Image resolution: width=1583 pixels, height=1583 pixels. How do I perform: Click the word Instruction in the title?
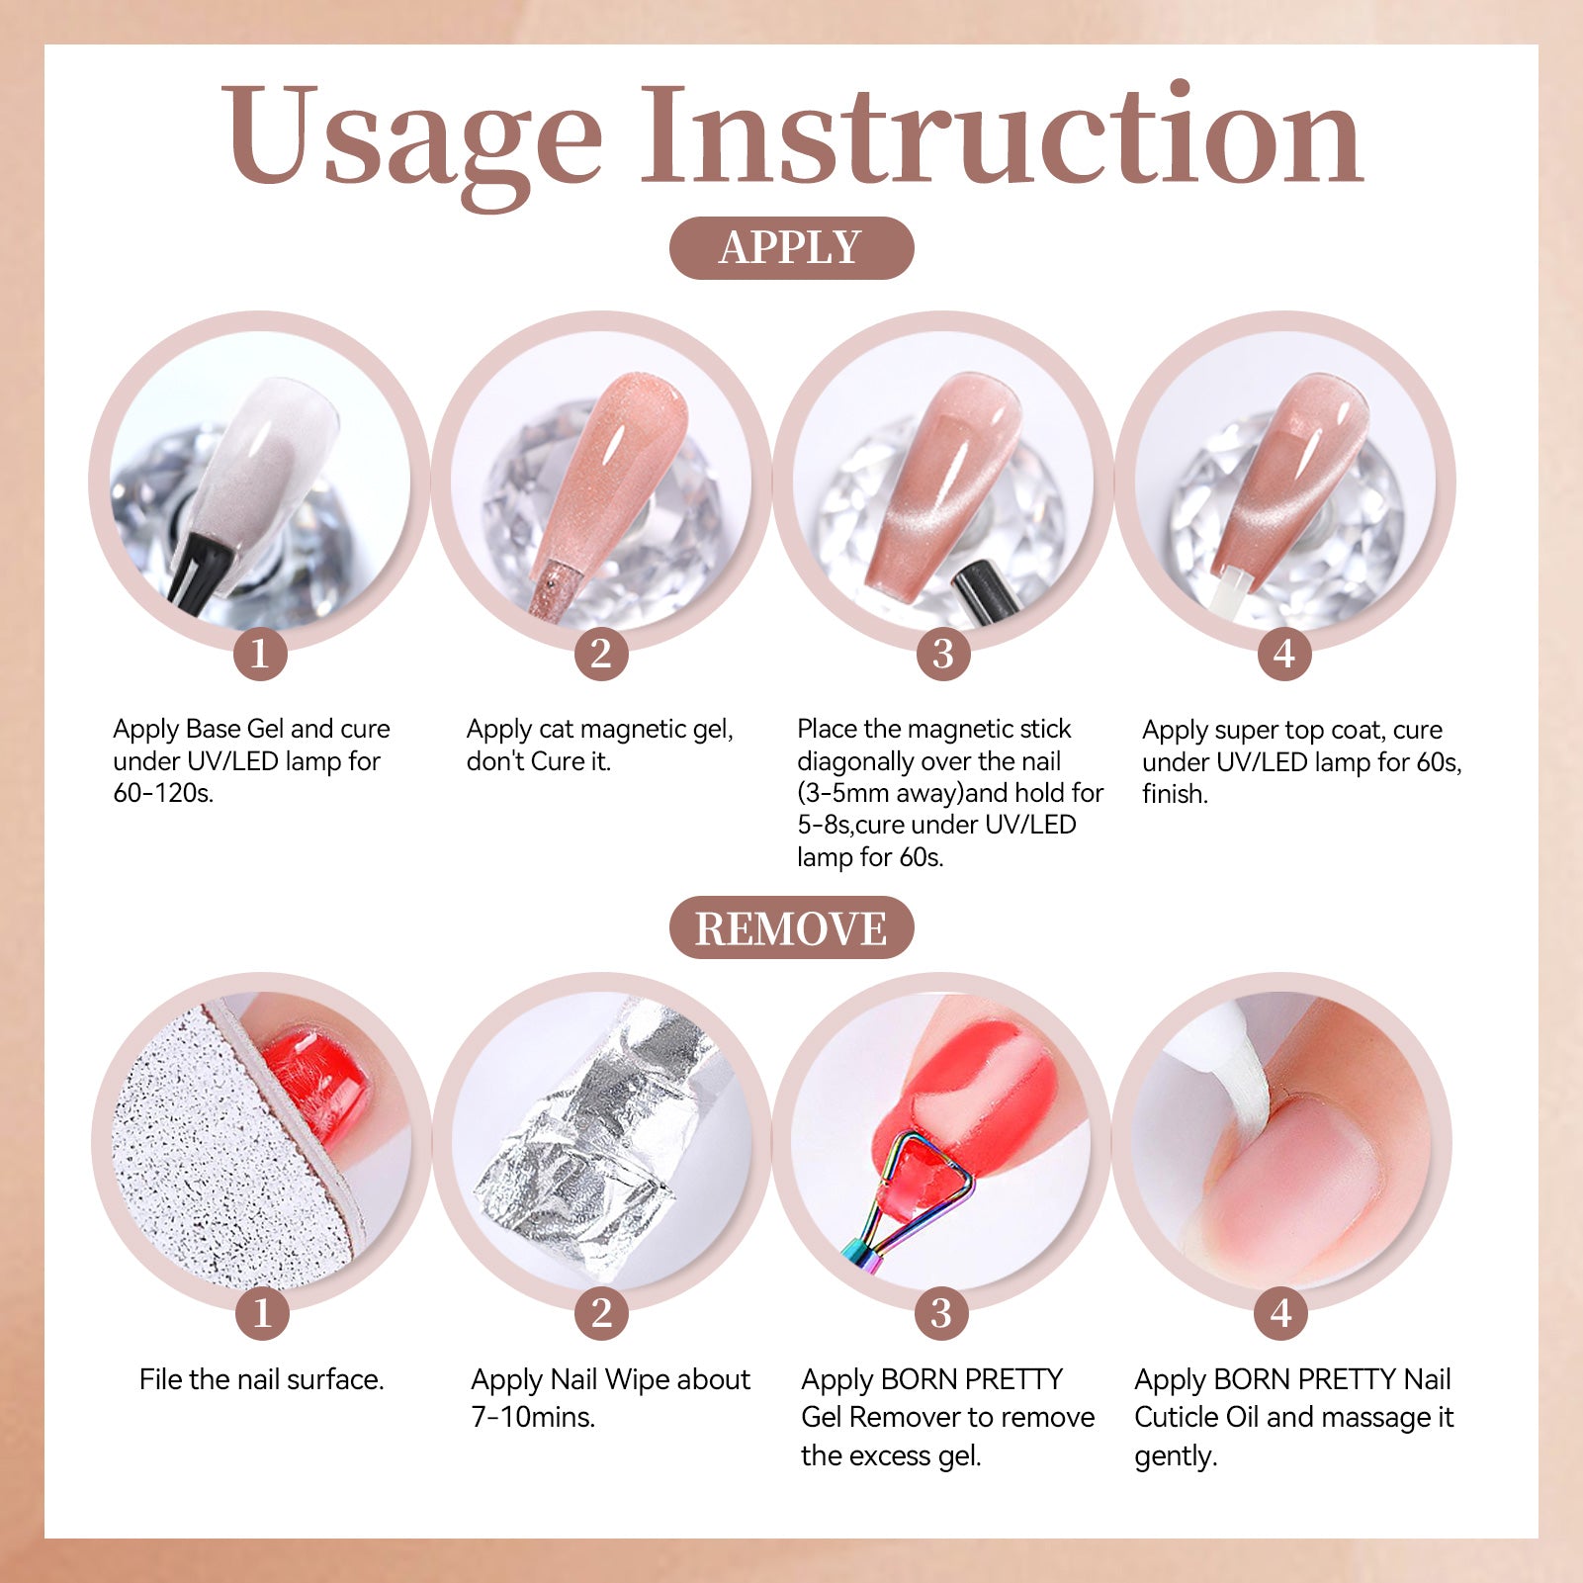1004,133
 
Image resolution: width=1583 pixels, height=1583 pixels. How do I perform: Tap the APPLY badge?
791,247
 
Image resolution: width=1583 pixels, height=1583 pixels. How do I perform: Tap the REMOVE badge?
791,927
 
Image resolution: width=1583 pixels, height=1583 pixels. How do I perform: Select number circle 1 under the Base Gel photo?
260,654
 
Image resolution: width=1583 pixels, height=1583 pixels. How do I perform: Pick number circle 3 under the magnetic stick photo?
943,654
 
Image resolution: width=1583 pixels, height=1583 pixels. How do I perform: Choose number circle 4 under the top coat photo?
1284,654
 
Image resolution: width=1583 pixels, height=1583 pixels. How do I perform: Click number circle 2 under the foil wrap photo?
602,1313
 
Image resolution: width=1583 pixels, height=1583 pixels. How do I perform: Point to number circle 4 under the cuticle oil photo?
1281,1313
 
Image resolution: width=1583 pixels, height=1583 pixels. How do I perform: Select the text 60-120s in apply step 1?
163,793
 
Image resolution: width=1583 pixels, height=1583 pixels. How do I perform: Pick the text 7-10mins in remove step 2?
533,1417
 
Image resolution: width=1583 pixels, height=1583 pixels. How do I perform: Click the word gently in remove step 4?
1176,1456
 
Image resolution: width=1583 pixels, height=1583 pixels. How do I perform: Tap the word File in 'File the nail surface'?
159,1379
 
